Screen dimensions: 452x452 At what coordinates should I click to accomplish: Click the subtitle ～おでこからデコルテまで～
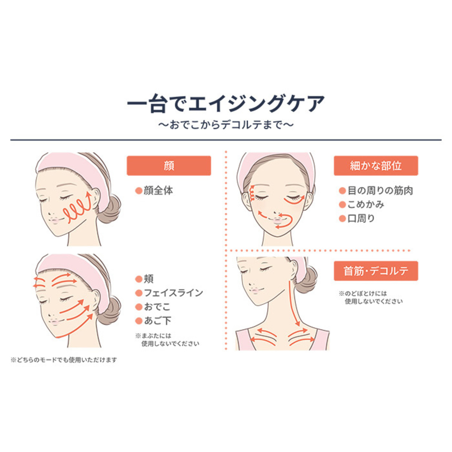point(226,125)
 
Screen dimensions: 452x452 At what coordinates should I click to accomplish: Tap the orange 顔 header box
point(169,166)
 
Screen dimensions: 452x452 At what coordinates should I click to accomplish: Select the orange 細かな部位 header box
point(376,166)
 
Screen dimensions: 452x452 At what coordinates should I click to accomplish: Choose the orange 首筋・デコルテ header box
point(376,271)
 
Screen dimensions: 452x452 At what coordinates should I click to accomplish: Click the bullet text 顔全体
point(158,191)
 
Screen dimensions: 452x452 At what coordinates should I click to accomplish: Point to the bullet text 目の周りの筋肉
point(380,191)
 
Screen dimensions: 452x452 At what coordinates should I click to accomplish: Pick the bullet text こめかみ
point(366,205)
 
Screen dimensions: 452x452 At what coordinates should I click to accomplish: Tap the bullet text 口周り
point(361,218)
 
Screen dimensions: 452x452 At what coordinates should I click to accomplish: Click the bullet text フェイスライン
point(173,293)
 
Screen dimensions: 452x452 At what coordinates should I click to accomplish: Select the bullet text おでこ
point(157,307)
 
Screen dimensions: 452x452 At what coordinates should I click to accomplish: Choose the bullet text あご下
point(157,321)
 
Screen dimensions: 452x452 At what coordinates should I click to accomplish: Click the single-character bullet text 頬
point(149,279)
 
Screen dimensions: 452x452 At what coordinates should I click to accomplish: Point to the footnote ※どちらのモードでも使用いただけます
point(64,360)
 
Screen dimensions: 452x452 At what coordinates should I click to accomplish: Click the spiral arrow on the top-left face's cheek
point(78,211)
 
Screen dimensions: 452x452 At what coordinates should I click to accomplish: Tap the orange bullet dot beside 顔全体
point(139,191)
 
